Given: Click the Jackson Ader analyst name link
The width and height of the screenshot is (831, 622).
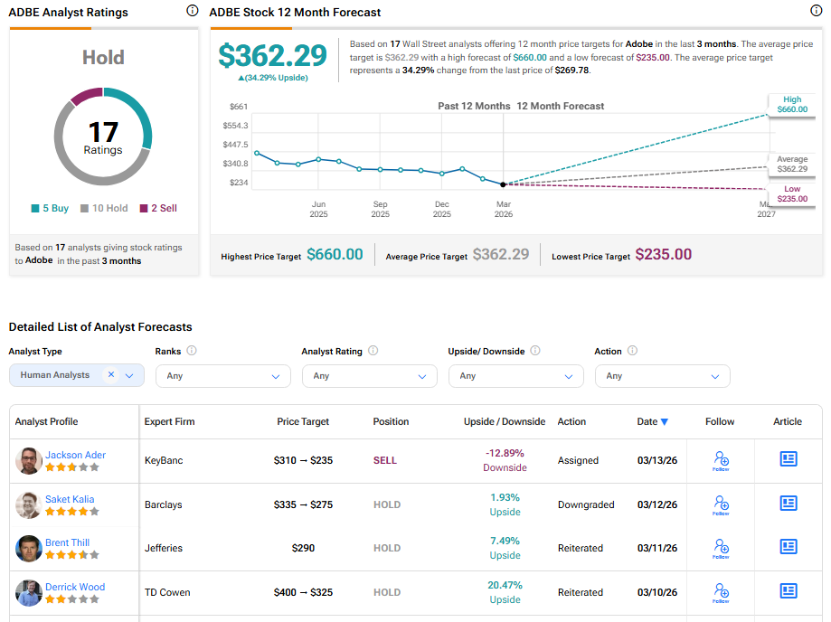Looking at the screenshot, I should [x=75, y=455].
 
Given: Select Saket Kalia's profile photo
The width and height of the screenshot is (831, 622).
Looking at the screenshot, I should [x=28, y=504].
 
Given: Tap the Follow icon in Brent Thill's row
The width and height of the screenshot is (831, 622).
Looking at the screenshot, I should [x=721, y=548].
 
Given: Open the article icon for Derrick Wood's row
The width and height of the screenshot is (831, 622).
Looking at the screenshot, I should [x=788, y=591].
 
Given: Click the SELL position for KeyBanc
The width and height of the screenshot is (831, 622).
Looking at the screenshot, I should [x=384, y=460].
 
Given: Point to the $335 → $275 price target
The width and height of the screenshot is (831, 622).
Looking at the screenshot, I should [x=303, y=504].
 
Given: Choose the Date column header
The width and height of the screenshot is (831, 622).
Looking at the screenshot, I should [x=652, y=421].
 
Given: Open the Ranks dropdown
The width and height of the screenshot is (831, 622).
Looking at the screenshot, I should [x=222, y=376].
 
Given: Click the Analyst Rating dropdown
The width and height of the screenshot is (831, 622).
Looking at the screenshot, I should [x=369, y=376].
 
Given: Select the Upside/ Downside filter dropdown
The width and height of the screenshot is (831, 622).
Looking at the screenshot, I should [x=515, y=376].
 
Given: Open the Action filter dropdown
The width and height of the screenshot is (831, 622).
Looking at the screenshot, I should [x=662, y=376].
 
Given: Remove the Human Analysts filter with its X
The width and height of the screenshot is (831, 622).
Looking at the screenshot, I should [x=111, y=374].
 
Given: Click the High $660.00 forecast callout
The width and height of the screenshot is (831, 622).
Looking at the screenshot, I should [x=790, y=105].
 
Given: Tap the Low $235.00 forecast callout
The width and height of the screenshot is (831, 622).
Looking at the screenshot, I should [x=791, y=193].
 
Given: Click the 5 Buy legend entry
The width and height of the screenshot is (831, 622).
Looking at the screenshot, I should [x=50, y=208].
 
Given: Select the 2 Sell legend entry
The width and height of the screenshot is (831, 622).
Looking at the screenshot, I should [x=158, y=208].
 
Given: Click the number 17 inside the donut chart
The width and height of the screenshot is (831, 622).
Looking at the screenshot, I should [x=102, y=133].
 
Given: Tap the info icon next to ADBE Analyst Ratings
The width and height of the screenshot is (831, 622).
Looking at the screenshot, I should [x=192, y=11].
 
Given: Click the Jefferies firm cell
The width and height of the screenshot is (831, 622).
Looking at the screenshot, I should [x=164, y=548].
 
